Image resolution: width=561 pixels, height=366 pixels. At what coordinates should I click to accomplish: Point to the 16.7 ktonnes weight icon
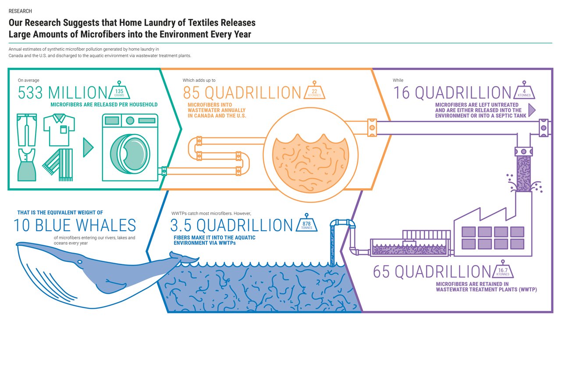pyautogui.click(x=503, y=269)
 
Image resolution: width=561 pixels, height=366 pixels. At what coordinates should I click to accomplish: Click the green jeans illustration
pyautogui.click(x=27, y=130)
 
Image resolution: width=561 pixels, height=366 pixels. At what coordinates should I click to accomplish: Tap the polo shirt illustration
pyautogui.click(x=59, y=130)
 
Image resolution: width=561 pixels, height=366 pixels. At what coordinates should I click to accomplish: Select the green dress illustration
pyautogui.click(x=27, y=165)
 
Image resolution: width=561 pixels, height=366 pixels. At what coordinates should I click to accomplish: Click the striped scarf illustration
pyautogui.click(x=58, y=165)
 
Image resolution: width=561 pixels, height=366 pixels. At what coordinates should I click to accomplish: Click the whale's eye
pyautogui.click(x=80, y=262)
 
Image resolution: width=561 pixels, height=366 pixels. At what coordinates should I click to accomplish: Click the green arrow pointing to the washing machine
pyautogui.click(x=88, y=148)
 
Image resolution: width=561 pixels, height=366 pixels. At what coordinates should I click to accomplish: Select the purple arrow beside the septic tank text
pyautogui.click(x=532, y=110)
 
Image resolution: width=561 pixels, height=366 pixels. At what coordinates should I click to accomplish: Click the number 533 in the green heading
pyautogui.click(x=30, y=93)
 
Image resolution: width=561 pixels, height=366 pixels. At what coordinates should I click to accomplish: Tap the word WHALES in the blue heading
pyautogui.click(x=106, y=225)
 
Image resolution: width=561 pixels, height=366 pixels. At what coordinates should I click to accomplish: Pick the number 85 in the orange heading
pyautogui.click(x=192, y=93)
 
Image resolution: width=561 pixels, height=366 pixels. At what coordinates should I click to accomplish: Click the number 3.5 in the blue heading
pyautogui.click(x=181, y=225)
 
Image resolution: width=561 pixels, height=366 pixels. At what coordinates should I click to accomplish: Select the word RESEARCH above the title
pyautogui.click(x=20, y=11)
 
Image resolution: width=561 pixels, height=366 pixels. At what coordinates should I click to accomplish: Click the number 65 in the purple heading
pyautogui.click(x=381, y=272)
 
